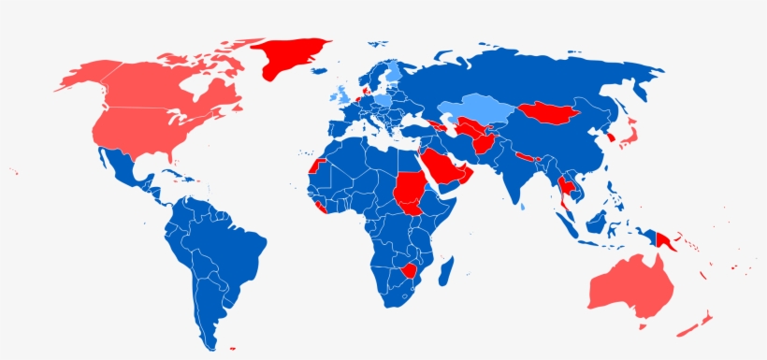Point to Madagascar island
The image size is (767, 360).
446,272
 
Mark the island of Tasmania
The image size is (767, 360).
642,326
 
